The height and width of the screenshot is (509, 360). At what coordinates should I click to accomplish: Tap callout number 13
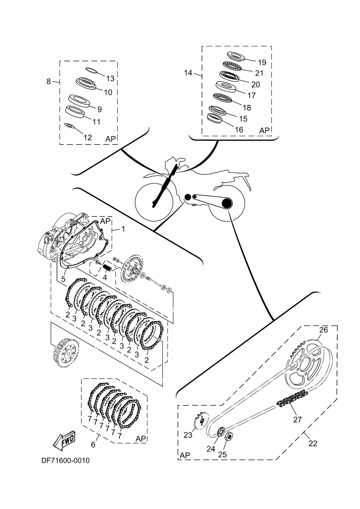pos(110,78)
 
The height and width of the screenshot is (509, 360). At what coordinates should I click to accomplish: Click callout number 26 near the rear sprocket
pos(323,330)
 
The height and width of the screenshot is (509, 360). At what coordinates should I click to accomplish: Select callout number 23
pos(188,436)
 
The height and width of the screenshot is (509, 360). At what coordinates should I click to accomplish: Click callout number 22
pos(313,443)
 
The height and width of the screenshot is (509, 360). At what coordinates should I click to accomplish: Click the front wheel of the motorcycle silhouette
pos(155,202)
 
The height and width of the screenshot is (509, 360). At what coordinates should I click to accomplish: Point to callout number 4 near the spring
pos(105,277)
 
